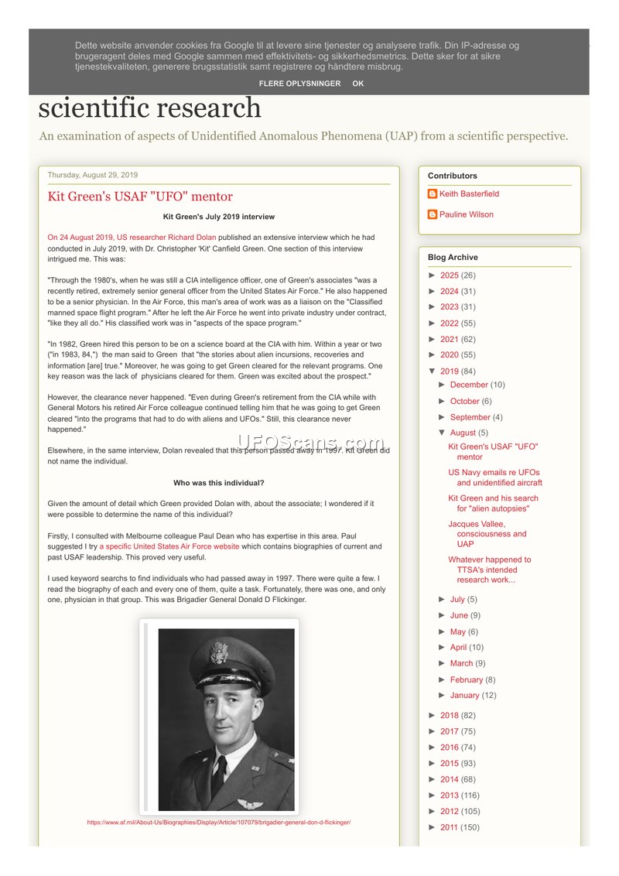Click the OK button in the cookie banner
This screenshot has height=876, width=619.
(x=357, y=84)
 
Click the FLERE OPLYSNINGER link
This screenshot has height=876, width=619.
(x=299, y=84)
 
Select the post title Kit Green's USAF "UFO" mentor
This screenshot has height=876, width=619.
(x=140, y=197)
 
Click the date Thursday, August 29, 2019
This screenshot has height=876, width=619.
(x=93, y=175)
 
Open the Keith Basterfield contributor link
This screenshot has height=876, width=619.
(x=469, y=193)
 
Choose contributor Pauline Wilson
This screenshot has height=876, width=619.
(x=466, y=214)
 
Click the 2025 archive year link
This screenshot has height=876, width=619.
(x=450, y=275)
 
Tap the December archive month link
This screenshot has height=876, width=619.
(x=469, y=385)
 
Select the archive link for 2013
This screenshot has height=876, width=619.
(x=450, y=795)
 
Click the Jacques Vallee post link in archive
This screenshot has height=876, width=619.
(x=487, y=534)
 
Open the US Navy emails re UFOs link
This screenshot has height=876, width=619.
(x=494, y=477)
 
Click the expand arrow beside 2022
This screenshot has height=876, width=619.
(x=433, y=323)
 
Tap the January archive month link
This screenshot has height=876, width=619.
(x=464, y=695)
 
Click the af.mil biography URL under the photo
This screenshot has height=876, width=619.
(x=219, y=822)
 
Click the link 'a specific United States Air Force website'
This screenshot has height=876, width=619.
(x=169, y=546)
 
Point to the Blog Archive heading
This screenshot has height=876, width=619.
(x=453, y=257)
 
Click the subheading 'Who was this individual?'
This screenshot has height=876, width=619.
(x=219, y=483)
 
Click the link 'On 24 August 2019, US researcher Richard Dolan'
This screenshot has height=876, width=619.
(x=132, y=238)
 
